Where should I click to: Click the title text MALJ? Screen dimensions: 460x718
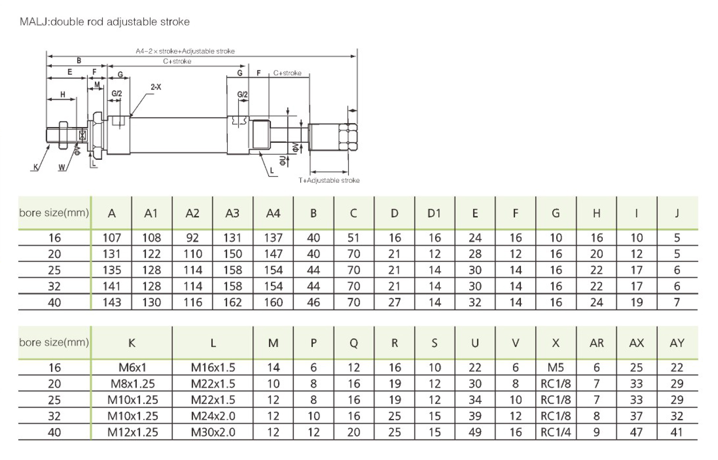pos(34,22)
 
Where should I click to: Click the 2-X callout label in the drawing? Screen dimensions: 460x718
pos(156,87)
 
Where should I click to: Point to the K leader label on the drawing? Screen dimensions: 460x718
pos(35,168)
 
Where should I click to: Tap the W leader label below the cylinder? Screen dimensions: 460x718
pos(62,168)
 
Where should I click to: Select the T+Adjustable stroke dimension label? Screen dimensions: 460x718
pos(329,180)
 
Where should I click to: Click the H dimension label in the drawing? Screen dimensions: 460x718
pos(63,94)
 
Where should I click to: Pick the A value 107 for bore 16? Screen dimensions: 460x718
pos(111,238)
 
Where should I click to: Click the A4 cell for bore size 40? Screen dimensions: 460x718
pos(273,303)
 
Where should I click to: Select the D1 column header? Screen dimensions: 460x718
pos(434,213)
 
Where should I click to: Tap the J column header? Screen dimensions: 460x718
pos(677,213)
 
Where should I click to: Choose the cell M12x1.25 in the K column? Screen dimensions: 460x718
pos(132,433)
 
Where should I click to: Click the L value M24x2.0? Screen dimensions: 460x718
pos(213,416)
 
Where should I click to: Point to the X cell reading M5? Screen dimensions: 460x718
pos(556,368)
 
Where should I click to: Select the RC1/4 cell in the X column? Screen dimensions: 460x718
pos(556,433)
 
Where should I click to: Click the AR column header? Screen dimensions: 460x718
pos(596,343)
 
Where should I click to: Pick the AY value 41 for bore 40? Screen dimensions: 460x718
pos(677,433)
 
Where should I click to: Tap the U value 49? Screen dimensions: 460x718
pos(475,433)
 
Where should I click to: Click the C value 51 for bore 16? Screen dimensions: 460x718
pos(353,238)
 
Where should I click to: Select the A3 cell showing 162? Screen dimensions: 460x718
pos(233,303)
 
